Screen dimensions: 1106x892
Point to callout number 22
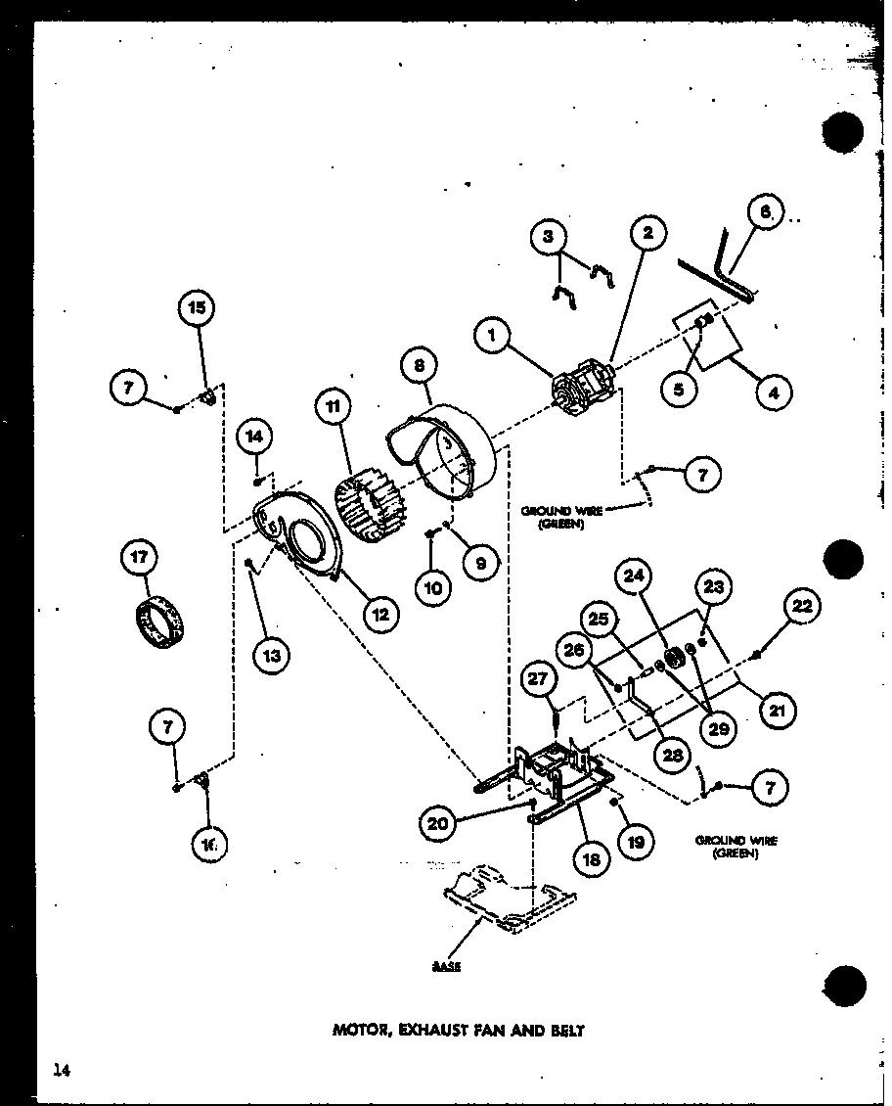801,607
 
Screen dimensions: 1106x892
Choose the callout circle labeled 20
438,824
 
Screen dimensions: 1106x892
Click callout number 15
196,308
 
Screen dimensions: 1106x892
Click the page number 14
62,1071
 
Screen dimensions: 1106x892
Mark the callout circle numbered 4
774,393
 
